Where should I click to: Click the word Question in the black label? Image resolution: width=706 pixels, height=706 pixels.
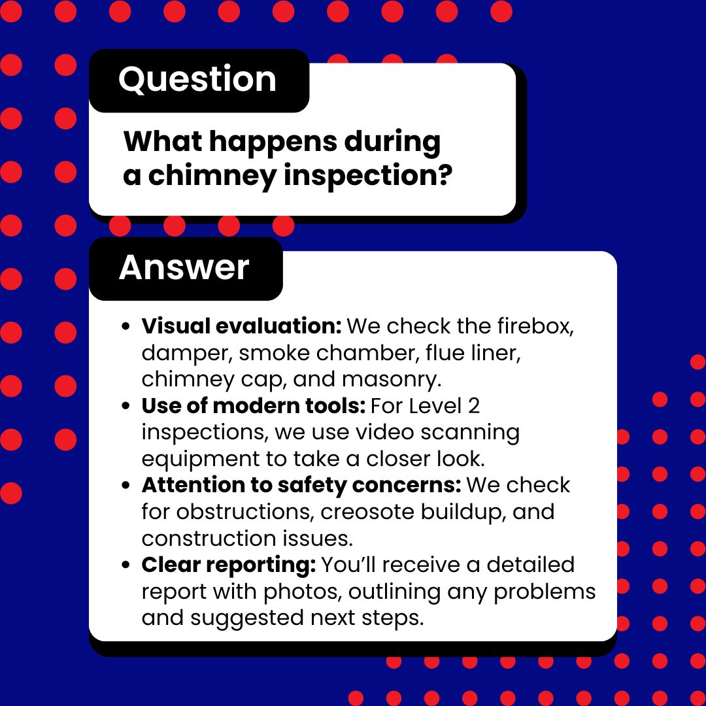(197, 80)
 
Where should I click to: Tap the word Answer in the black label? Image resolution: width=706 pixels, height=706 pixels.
(184, 267)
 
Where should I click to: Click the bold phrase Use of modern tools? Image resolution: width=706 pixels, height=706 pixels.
(253, 406)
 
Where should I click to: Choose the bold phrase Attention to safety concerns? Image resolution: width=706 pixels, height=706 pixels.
(301, 485)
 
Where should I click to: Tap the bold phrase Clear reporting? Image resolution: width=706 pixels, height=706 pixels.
(228, 565)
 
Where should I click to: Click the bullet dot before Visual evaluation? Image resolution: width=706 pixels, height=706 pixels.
(127, 326)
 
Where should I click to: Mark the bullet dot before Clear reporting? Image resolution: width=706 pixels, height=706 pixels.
(127, 565)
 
